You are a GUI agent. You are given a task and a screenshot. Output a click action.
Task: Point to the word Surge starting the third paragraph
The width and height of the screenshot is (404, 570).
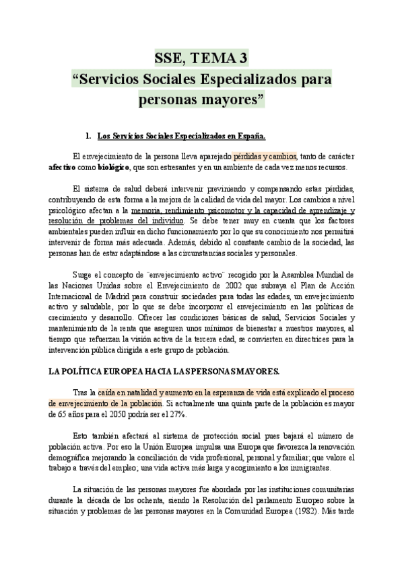[x=84, y=275]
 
